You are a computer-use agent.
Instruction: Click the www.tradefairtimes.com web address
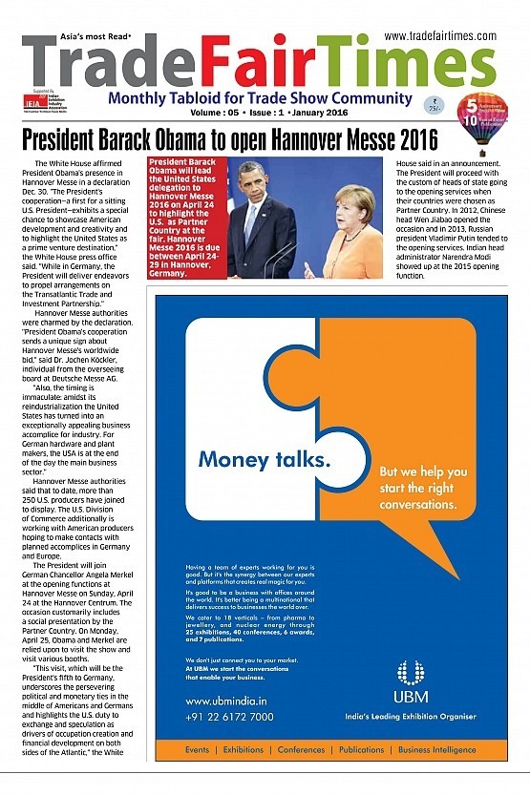point(440,35)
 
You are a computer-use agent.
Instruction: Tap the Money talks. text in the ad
point(265,461)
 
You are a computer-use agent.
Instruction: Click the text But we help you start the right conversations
point(423,488)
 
